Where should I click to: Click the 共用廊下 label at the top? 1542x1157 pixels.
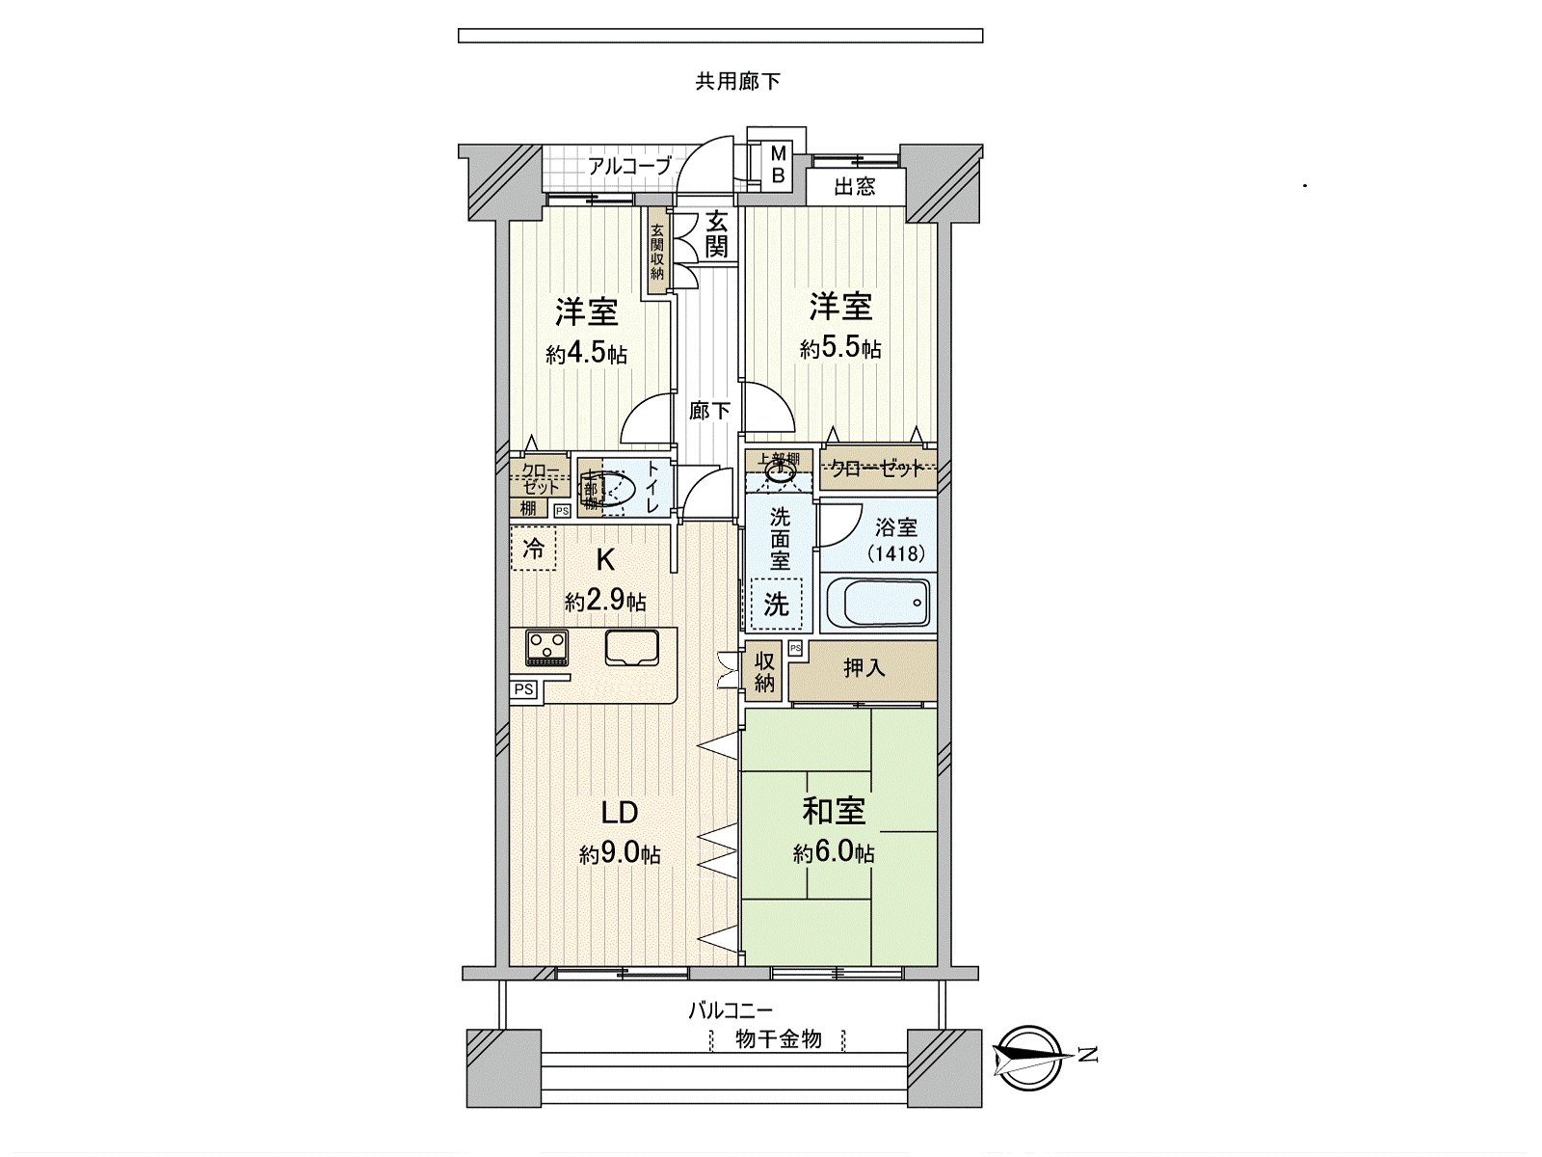(738, 82)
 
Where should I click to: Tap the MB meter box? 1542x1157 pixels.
(780, 166)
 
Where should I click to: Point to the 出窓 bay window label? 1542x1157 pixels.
(855, 186)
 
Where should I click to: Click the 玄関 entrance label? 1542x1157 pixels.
(716, 233)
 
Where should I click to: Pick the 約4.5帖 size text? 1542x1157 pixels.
(586, 354)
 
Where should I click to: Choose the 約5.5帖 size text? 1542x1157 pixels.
(840, 349)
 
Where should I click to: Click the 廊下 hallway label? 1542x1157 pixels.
(710, 412)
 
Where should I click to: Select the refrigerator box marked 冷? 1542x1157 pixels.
(533, 551)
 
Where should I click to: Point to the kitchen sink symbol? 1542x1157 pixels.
(631, 647)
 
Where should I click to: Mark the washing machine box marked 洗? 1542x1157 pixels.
(776, 604)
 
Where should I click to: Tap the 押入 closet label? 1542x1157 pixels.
(864, 667)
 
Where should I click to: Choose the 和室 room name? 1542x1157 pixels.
(834, 812)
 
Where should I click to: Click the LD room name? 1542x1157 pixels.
(620, 813)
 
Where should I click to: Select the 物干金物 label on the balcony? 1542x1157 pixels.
(778, 1039)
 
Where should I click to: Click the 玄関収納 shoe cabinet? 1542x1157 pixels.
(656, 252)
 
